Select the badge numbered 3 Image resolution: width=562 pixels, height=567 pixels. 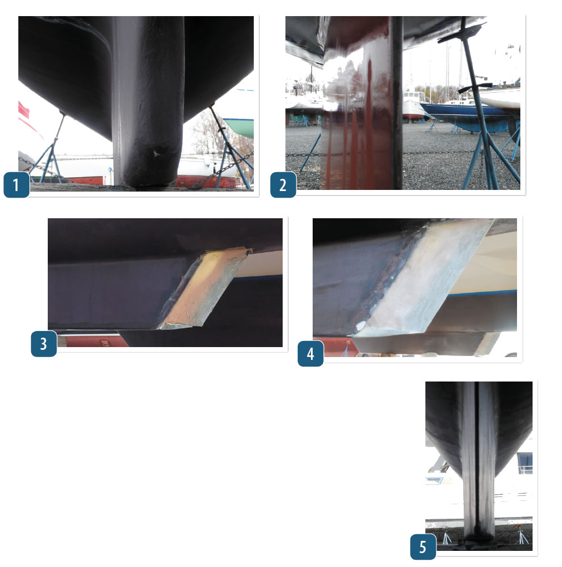(44, 344)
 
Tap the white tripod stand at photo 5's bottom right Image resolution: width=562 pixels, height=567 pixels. (520, 536)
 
